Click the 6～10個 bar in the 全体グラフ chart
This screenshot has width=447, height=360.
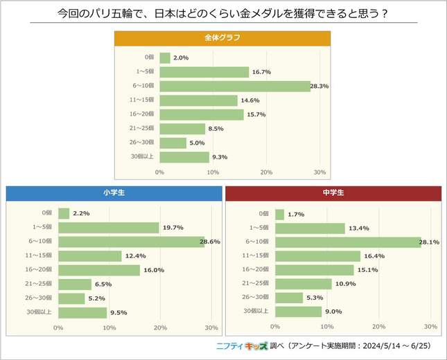click(234, 86)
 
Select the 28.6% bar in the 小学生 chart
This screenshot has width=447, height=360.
click(132, 242)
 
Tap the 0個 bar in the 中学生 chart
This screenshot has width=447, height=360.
click(280, 214)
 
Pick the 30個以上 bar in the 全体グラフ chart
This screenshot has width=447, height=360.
click(184, 157)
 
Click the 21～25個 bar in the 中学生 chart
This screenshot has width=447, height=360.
click(304, 284)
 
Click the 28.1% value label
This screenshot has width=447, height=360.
click(429, 242)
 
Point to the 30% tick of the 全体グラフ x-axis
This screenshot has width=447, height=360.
click(319, 172)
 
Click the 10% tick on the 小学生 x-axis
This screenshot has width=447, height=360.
click(109, 327)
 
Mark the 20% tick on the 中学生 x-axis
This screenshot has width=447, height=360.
click(378, 326)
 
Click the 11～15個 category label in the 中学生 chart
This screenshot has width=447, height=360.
click(256, 256)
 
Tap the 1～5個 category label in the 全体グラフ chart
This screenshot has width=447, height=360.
click(145, 72)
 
